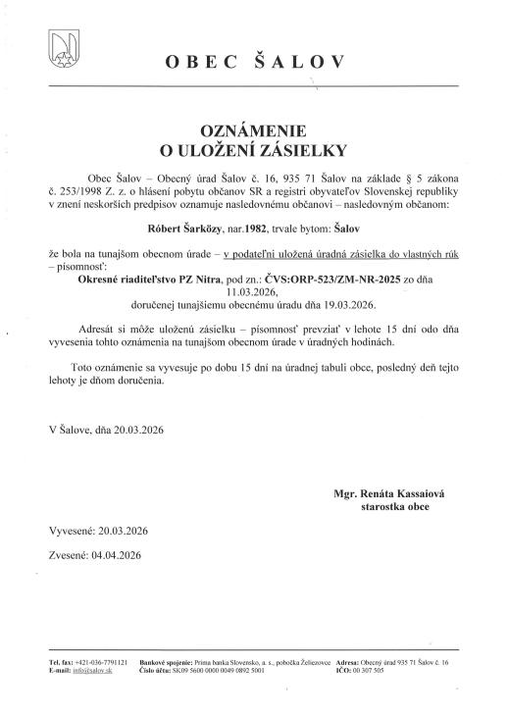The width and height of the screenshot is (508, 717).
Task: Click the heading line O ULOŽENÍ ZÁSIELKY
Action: click(254, 150)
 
